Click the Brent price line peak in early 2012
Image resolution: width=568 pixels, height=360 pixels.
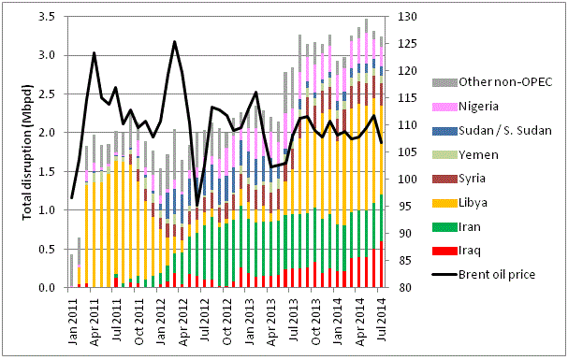174,41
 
